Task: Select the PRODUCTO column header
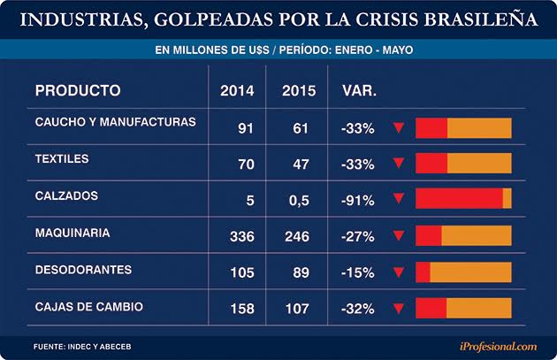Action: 77,90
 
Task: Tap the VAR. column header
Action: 358,90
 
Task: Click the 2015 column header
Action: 299,90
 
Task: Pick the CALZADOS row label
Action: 66,195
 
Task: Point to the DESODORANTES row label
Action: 83,269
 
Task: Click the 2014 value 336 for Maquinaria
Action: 240,236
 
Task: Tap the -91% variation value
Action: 357,200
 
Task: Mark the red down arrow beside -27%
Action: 399,236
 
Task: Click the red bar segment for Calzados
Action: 459,199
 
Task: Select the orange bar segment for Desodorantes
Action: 470,272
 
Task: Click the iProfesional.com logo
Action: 498,346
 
